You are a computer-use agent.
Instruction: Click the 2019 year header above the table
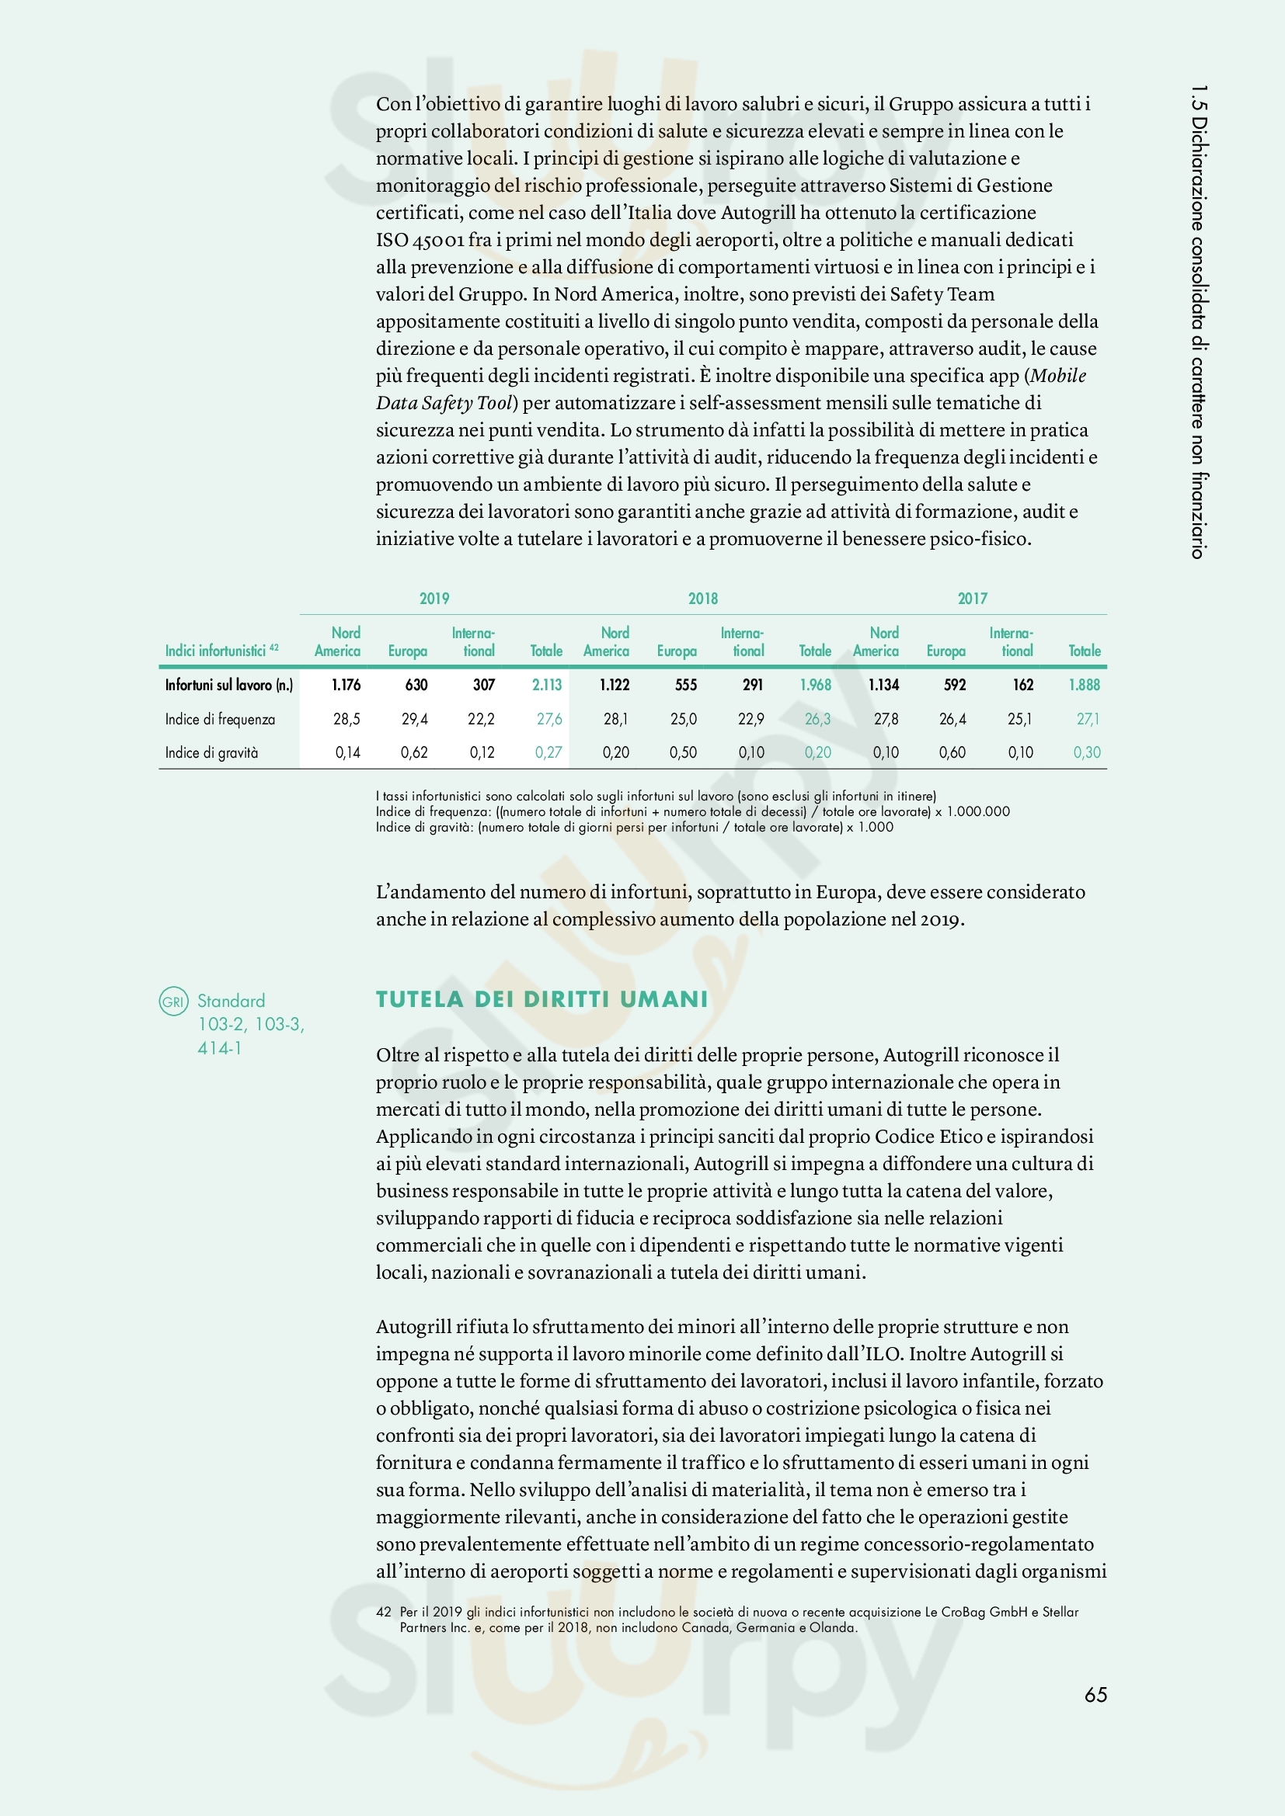tap(434, 599)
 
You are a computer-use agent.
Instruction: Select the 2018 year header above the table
tap(702, 599)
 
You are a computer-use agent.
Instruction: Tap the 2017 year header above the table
tap(973, 599)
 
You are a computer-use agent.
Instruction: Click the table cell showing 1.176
tap(346, 685)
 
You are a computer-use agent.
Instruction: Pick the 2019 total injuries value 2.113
tap(547, 685)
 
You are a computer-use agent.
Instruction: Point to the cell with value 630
tap(416, 685)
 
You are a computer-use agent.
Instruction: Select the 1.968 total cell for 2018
tap(815, 685)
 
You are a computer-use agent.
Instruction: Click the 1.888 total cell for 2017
tap(1084, 685)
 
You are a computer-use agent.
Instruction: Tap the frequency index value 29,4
tap(415, 719)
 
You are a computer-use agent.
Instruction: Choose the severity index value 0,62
tap(414, 752)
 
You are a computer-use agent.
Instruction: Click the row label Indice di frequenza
tap(220, 719)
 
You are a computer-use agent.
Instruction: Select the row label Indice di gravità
tap(211, 752)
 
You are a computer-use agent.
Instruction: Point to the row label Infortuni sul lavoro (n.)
tap(228, 685)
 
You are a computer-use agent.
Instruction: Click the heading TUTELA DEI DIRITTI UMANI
tap(542, 1000)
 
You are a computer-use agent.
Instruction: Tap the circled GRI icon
tap(173, 1002)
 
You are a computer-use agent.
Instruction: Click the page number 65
tap(1095, 1694)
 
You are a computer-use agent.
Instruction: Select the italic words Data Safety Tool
tap(446, 404)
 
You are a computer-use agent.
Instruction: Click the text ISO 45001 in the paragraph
tap(420, 240)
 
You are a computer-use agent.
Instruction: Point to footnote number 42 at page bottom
tap(384, 1611)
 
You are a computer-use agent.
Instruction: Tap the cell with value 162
tap(1023, 685)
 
